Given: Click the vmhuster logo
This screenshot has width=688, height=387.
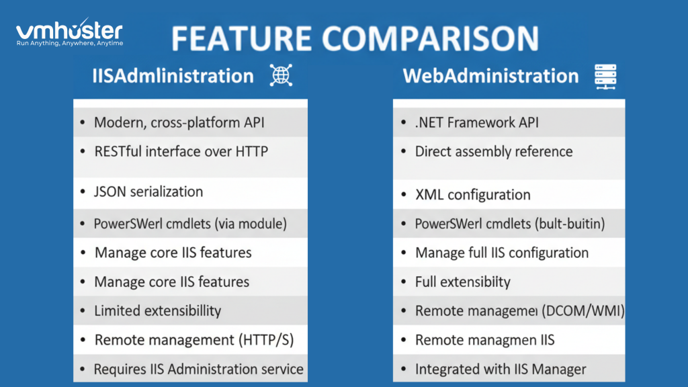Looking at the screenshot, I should coord(69,30).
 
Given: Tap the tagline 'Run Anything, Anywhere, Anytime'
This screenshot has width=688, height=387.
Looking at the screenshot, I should coord(69,44).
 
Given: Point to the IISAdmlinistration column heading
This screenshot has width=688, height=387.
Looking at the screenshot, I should coord(173,76).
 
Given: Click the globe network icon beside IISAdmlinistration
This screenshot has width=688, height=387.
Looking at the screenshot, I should coord(280,76).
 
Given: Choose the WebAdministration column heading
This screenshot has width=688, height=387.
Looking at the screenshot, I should coord(490,76).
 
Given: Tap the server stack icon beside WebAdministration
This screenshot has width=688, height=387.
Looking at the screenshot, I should coord(605,77).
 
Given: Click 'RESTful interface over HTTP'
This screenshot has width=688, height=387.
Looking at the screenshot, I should coord(181,151).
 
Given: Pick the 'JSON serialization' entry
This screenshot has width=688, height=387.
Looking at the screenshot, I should coord(148,191).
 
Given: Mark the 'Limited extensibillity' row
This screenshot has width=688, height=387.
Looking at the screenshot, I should coord(157,310).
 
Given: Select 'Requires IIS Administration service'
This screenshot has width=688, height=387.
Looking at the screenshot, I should coord(198,369).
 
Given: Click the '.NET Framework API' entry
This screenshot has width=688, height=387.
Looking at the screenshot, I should coord(476,122).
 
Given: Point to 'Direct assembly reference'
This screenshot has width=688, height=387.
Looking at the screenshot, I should coord(493,151).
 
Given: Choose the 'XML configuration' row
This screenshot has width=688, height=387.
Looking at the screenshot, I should coord(472,195).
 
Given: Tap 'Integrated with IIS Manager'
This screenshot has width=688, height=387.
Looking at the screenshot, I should coord(501,369).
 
